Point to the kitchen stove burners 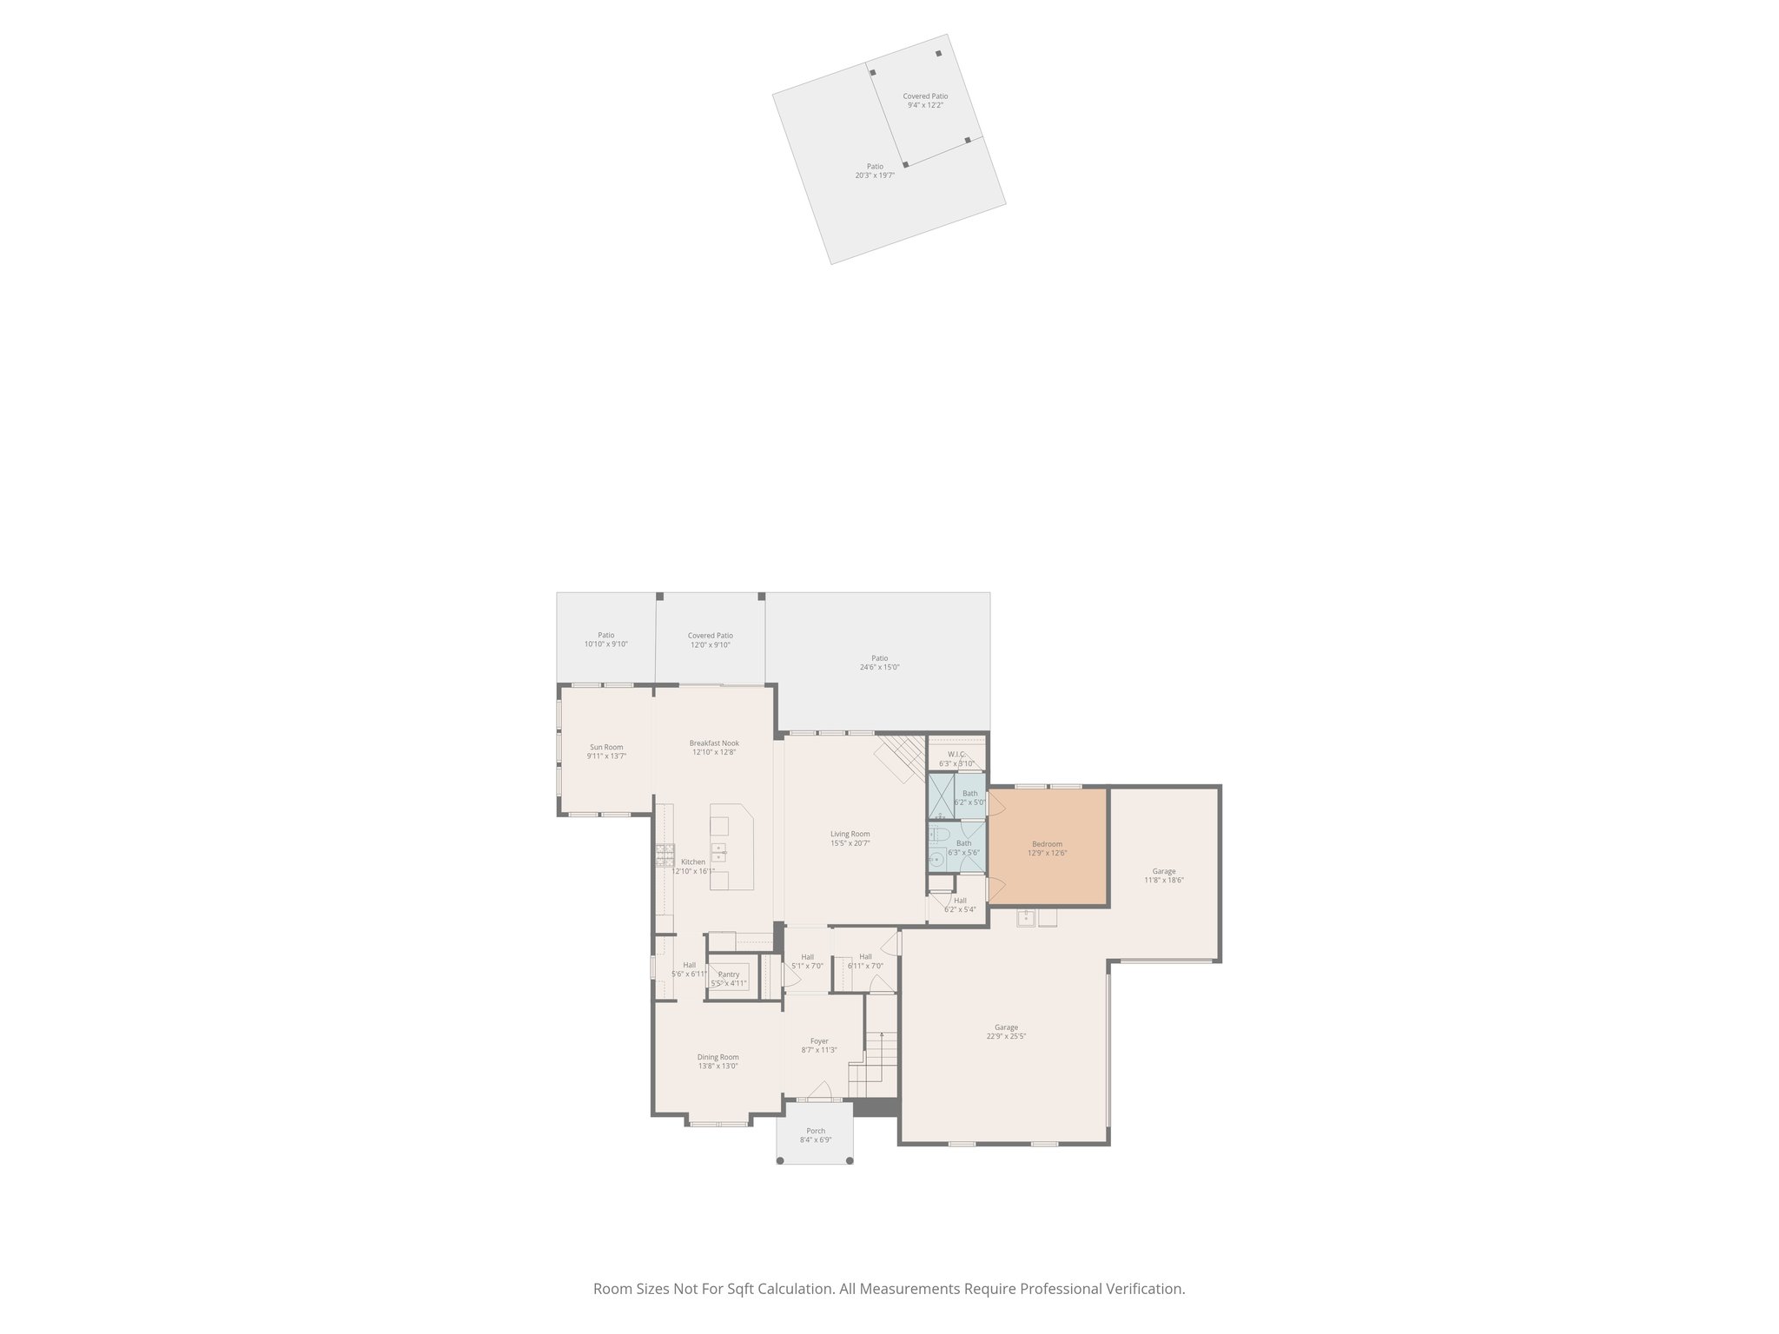click(665, 855)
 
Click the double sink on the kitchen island click(719, 851)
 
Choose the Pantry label click(728, 974)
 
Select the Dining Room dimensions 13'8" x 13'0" click(718, 1067)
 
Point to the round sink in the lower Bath click(936, 861)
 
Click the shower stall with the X click(941, 797)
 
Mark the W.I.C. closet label click(956, 754)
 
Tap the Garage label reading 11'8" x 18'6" click(1164, 880)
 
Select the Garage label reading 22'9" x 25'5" click(1006, 1036)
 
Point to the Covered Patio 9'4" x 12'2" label click(925, 105)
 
